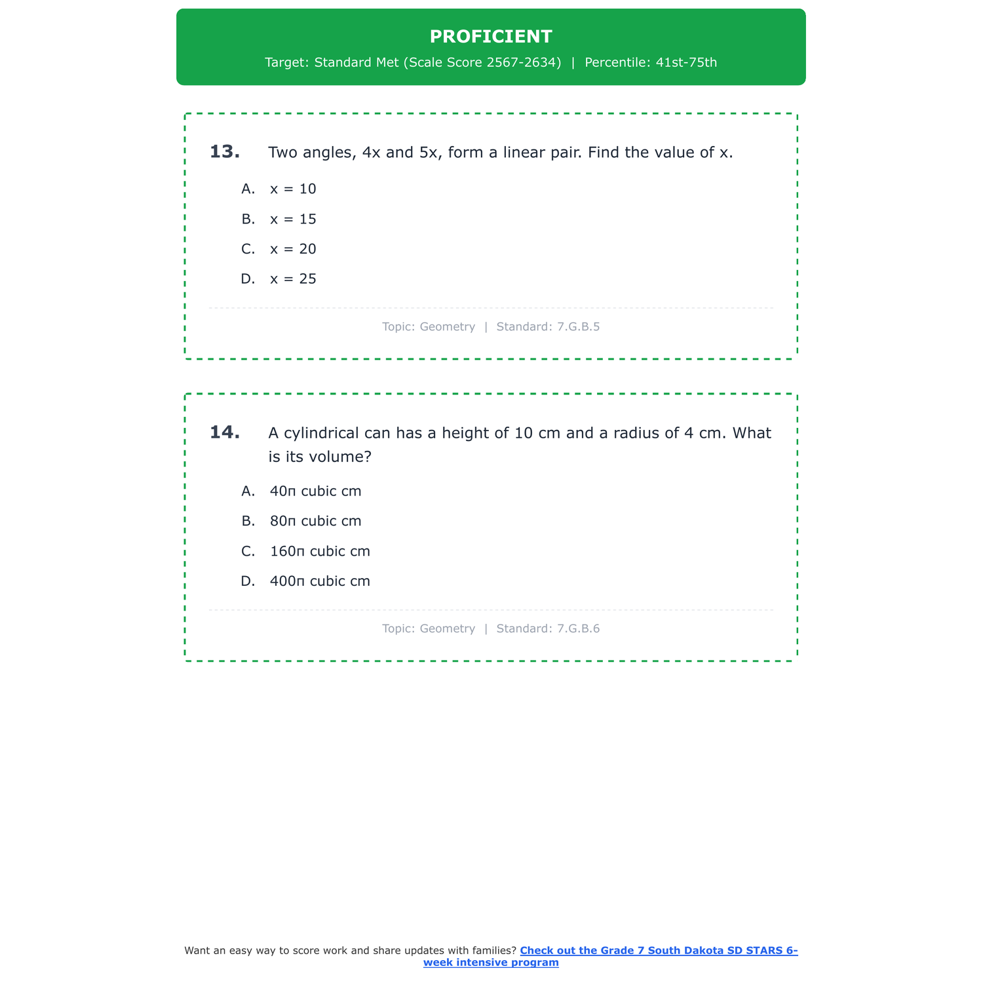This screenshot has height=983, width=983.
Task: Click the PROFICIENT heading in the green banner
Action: (x=491, y=37)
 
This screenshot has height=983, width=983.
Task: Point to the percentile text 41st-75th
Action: (x=686, y=63)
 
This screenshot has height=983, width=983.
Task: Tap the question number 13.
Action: (x=224, y=152)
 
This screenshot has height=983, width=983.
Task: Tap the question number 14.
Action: (x=224, y=433)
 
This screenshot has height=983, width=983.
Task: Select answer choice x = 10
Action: (x=292, y=189)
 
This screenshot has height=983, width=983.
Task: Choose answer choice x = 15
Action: (x=292, y=220)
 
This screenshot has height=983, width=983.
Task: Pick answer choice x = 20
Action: (x=292, y=250)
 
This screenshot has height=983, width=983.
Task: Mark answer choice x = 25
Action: (x=292, y=279)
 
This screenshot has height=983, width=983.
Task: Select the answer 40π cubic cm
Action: (x=315, y=491)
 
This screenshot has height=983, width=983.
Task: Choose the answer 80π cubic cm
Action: (x=315, y=522)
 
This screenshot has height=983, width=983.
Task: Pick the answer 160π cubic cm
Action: (x=320, y=552)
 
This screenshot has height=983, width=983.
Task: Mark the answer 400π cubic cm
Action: (x=320, y=582)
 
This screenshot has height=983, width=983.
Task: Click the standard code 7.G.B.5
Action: (x=578, y=327)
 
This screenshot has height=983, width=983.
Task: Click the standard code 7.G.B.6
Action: (x=578, y=629)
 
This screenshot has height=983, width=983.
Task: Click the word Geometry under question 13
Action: (x=447, y=327)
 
